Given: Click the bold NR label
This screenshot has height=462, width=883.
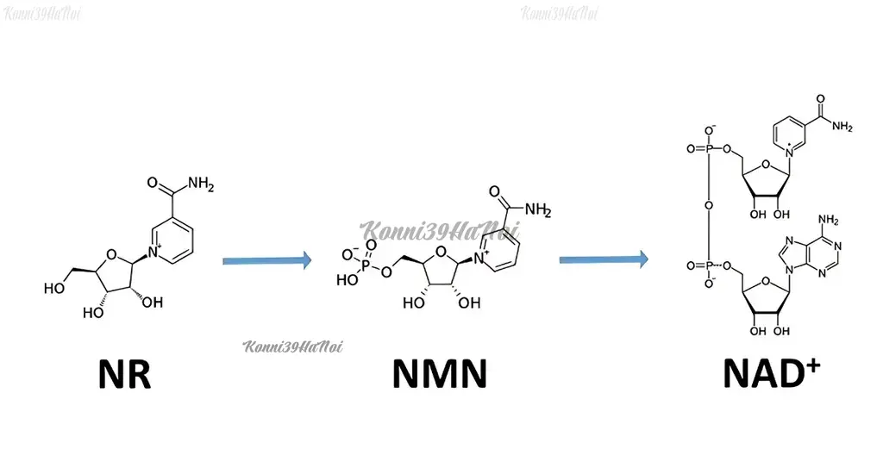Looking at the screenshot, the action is click(x=124, y=374).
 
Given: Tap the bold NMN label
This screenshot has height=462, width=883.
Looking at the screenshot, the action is click(x=439, y=374).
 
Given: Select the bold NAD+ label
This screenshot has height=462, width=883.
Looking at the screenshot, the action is click(x=771, y=372).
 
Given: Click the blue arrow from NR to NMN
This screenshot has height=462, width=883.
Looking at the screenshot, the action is click(x=267, y=260).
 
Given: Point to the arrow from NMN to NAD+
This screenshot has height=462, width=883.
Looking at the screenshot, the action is click(x=604, y=259).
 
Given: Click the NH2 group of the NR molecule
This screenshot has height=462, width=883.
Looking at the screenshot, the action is click(x=201, y=184).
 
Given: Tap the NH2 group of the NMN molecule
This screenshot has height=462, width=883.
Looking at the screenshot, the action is click(x=538, y=210).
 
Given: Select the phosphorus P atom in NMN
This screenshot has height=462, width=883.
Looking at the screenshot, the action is click(x=366, y=265).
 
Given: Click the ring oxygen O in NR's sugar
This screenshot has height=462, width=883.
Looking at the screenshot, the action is click(x=111, y=256).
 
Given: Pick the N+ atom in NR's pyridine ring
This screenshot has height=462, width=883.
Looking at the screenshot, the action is click(x=154, y=253).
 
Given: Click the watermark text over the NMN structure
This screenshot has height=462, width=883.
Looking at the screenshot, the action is click(x=439, y=231).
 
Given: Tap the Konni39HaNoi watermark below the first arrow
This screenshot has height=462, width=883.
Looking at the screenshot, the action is click(x=293, y=346).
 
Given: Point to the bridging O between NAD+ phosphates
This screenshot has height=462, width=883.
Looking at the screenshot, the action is click(x=709, y=206).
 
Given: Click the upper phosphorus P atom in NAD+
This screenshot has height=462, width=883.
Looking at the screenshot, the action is click(x=709, y=149).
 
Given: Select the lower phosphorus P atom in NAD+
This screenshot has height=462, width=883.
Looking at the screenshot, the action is click(x=709, y=265).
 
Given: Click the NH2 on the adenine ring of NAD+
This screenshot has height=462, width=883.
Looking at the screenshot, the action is click(x=829, y=220).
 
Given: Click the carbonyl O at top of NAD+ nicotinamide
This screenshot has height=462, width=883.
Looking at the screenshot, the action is click(x=821, y=99).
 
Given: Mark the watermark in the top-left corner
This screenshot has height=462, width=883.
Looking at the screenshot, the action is click(x=42, y=14).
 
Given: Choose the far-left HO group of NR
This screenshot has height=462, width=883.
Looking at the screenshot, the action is click(x=54, y=289).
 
